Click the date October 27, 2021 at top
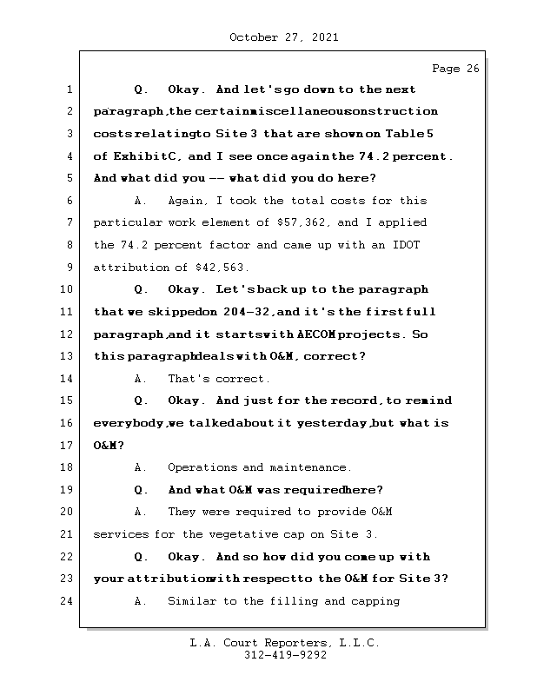point(283,37)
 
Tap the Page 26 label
point(455,69)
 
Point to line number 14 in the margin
point(69,379)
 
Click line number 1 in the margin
point(69,89)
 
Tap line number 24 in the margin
point(69,601)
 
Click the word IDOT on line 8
point(405,246)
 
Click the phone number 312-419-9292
point(285,656)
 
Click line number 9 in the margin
point(69,268)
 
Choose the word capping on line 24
point(375,601)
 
